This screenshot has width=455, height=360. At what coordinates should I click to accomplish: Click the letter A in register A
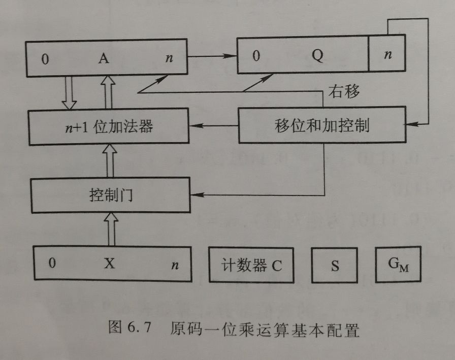[x=104, y=59]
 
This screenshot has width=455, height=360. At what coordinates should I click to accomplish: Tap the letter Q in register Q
[x=317, y=56]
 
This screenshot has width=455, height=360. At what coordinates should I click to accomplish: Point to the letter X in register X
[x=109, y=264]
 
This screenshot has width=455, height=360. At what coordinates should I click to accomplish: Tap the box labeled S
[x=335, y=266]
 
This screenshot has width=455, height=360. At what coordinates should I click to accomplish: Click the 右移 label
[x=345, y=92]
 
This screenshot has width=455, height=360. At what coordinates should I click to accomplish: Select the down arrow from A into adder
[x=69, y=92]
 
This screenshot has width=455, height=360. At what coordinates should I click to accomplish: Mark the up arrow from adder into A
[x=109, y=92]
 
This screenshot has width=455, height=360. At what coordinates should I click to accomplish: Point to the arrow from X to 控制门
[x=109, y=230]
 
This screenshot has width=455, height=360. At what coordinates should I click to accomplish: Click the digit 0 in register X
[x=52, y=264]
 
